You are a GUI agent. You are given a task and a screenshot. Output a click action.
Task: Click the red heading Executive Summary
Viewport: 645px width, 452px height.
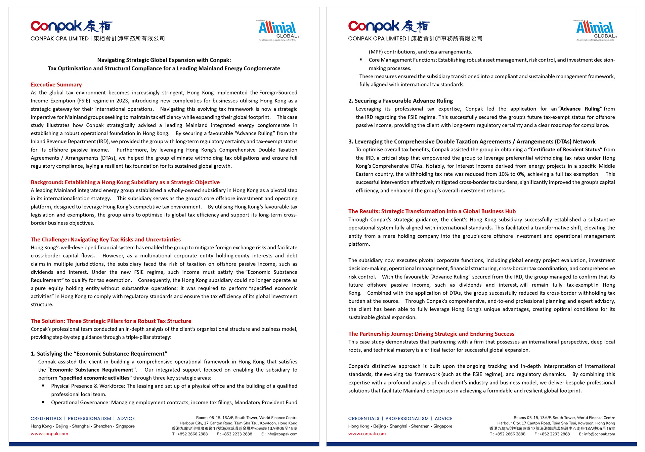pyautogui.click(x=56, y=85)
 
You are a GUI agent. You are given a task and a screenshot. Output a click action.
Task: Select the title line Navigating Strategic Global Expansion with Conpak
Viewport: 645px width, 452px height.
pyautogui.click(x=164, y=60)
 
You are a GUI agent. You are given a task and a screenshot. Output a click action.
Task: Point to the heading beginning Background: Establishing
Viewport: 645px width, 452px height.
pyautogui.click(x=125, y=182)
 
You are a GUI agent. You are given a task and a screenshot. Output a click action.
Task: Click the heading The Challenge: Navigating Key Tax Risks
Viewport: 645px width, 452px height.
pyautogui.click(x=105, y=239)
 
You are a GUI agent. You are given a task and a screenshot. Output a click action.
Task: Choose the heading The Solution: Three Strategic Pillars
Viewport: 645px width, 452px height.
pyautogui.click(x=111, y=321)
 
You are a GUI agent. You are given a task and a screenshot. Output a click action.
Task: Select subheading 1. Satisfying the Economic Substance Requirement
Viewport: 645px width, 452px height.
pyautogui.click(x=99, y=354)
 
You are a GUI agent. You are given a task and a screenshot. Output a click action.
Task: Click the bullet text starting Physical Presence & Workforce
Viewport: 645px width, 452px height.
pyautogui.click(x=174, y=386)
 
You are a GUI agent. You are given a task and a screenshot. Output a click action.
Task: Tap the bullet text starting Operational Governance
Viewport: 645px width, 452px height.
pyautogui.click(x=174, y=403)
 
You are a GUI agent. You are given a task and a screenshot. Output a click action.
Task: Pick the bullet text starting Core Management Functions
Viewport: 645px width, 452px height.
pyautogui.click(x=491, y=60)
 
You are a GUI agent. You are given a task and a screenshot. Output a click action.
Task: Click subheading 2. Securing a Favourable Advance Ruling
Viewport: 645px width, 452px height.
pyautogui.click(x=400, y=101)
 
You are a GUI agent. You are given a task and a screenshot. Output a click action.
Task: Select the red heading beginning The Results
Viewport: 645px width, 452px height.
pyautogui.click(x=432, y=211)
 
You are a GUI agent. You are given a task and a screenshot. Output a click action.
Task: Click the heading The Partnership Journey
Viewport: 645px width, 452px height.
pyautogui.click(x=431, y=334)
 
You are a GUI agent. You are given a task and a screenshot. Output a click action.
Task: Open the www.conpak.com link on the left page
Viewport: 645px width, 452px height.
pyautogui.click(x=49, y=434)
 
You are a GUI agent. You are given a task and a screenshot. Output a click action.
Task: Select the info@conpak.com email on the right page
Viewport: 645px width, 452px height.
pyautogui.click(x=599, y=434)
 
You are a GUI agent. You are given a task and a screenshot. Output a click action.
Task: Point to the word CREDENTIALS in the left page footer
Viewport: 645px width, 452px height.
pyautogui.click(x=46, y=419)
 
